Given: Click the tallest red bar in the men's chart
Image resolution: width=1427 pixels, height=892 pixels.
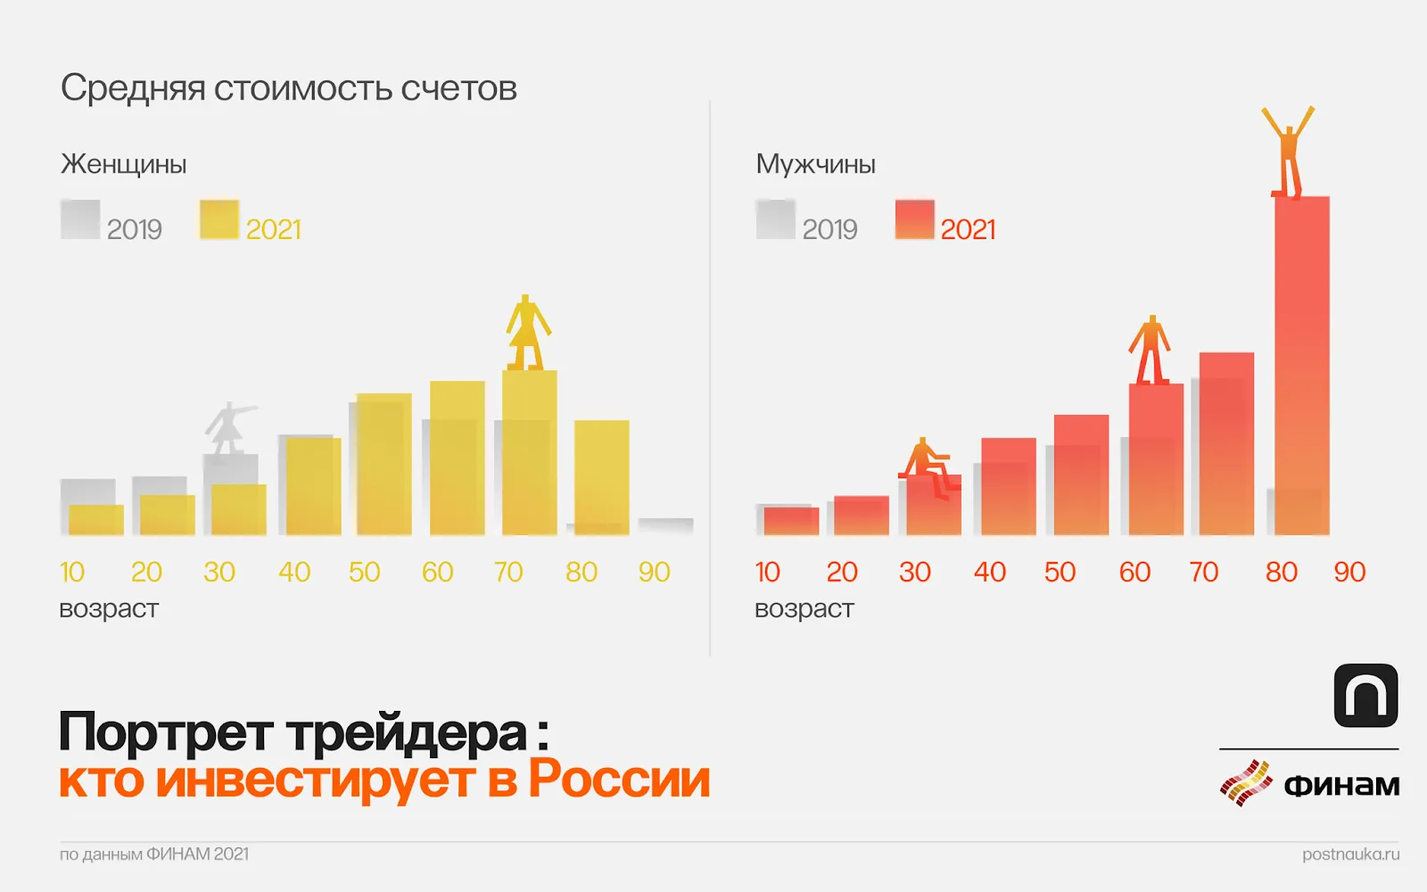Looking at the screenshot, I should pos(1301,366).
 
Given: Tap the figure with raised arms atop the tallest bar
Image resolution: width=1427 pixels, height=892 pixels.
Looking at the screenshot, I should pos(1288,152).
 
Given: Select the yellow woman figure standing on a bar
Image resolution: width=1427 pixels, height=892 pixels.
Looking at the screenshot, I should pos(527,333).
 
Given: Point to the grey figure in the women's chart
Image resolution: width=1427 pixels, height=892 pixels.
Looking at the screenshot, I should pos(228,427).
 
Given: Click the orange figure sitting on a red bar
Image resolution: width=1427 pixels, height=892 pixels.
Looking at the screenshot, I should pos(928,464).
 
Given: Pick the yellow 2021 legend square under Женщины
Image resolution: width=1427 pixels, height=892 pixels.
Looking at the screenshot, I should pos(219,219).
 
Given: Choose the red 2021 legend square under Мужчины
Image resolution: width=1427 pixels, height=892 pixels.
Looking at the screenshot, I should pos(914,219).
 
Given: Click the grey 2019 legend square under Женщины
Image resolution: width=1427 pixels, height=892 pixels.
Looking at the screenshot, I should pos(80,219).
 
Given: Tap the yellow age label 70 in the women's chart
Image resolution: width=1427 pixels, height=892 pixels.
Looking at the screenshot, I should pos(508,572).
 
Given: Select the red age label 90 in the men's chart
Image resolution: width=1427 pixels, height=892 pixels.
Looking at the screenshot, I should pos(1349,572).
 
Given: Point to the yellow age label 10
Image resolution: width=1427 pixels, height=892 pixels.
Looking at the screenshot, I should pos(72,572).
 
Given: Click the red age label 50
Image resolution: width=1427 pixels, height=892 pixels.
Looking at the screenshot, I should pos(1060,572).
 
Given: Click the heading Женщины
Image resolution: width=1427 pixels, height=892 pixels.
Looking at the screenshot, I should pos(123,164).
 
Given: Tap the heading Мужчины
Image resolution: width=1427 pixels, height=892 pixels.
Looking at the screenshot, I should pos(815,164).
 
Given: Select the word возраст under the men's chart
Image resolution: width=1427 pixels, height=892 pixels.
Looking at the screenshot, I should pos(804,609).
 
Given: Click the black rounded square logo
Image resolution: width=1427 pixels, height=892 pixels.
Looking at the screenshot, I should pos(1365,696).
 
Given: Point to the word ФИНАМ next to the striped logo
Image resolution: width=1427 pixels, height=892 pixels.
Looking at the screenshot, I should pos(1341,785).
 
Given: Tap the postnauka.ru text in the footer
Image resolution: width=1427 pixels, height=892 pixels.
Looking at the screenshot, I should pos(1350,854).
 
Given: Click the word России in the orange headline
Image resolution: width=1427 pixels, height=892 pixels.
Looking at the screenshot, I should pos(619,779).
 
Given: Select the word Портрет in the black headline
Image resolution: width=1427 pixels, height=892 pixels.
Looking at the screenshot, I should pos(166,732).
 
